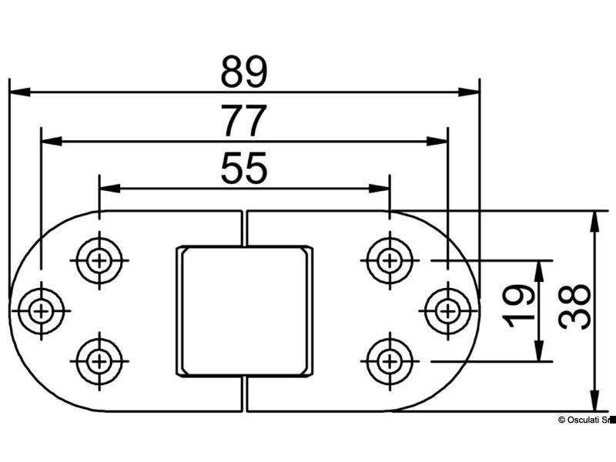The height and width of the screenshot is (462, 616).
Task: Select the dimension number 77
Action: pyautogui.click(x=243, y=122)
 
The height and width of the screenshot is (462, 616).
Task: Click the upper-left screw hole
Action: pyautogui.click(x=98, y=260)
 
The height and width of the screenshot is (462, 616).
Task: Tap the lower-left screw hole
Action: pyautogui.click(x=98, y=360)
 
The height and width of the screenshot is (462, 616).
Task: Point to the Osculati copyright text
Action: pyautogui.click(x=584, y=420)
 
